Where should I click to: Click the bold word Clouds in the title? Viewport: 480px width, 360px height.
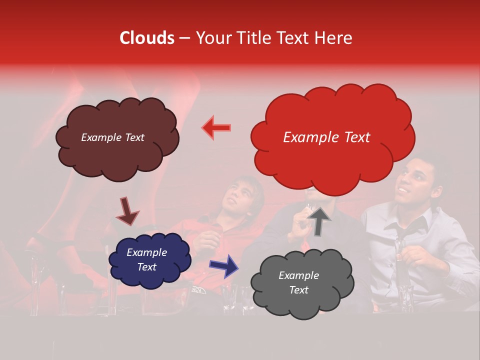click(147, 37)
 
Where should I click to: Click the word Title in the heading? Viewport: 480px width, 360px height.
click(253, 37)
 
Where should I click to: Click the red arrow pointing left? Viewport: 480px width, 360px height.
click(216, 127)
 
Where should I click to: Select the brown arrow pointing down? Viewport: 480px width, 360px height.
click(127, 211)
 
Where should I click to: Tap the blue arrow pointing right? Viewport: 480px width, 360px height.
click(224, 265)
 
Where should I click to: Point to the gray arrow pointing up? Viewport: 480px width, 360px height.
click(319, 220)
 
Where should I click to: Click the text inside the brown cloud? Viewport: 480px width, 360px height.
click(113, 137)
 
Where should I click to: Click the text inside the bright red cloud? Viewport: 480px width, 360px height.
click(326, 137)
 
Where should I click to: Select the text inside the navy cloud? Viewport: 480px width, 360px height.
click(146, 260)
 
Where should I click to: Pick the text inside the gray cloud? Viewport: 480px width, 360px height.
click(298, 282)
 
